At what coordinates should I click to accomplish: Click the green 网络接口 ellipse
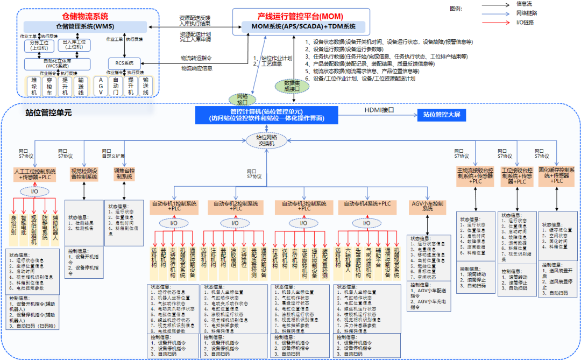tap(242, 99)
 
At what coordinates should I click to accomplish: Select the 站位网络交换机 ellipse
tap(267, 140)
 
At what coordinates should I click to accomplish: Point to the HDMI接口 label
tap(380, 110)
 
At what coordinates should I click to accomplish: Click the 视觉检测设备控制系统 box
tap(84, 173)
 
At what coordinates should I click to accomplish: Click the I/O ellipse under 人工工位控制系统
tap(34, 192)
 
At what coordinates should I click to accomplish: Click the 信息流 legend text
tap(527, 4)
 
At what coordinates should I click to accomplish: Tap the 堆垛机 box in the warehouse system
tap(34, 86)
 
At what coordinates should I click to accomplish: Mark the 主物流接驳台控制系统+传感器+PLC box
tap(475, 175)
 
